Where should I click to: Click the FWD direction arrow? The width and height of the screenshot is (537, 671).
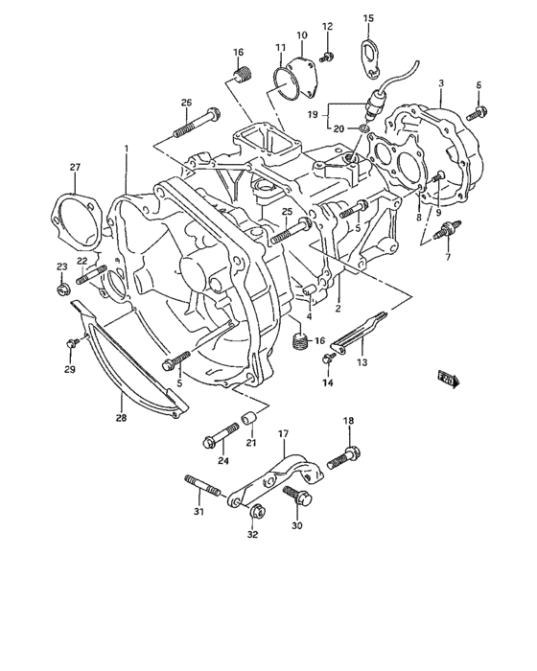coord(449,379)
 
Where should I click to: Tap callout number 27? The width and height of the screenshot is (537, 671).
coord(75,168)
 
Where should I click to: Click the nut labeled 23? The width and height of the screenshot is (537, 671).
coord(63,289)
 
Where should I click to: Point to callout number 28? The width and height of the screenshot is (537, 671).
coord(121,418)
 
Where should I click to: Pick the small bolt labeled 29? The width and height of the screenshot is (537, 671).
coord(73,343)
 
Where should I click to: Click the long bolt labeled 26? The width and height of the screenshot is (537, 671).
coord(197,123)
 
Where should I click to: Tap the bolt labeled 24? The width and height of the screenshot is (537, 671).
coord(221,436)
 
